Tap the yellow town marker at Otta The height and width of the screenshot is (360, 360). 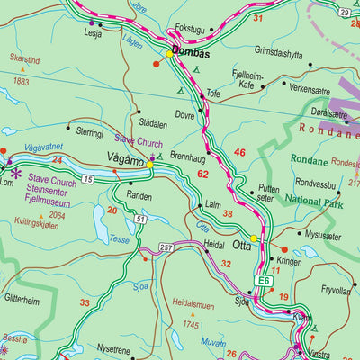point(255,238)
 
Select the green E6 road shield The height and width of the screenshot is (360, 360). point(262,281)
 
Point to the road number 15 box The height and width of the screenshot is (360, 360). point(88,181)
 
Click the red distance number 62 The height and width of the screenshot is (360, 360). point(202,173)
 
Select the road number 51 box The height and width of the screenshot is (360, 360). point(140,219)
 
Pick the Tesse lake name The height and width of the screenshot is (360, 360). point(119,239)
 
